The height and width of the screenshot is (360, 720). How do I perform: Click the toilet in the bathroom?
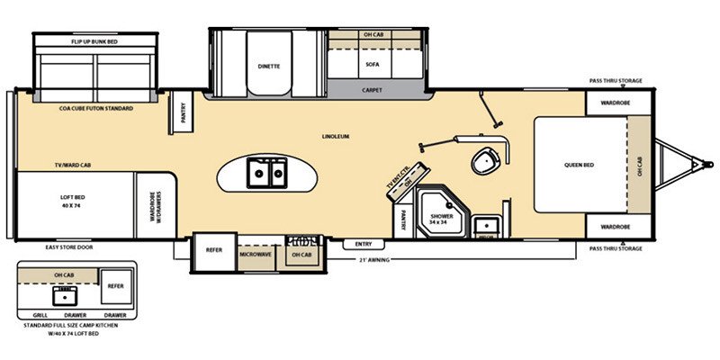click(486, 161)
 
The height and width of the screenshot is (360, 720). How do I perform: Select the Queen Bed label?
click(580, 165)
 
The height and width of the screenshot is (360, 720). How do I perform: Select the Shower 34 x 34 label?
click(441, 219)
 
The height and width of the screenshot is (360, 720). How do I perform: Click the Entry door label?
click(364, 244)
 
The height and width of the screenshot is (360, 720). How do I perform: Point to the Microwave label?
click(255, 255)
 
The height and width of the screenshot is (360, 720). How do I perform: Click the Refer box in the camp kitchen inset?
click(115, 284)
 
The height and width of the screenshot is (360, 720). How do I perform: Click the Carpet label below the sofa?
click(373, 90)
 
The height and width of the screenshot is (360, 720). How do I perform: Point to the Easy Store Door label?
click(69, 247)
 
